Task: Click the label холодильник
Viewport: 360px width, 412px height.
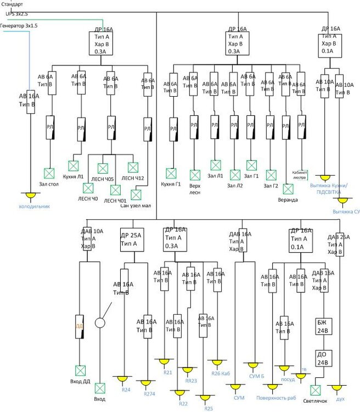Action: (x=35, y=207)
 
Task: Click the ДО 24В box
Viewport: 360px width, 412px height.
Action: (x=322, y=358)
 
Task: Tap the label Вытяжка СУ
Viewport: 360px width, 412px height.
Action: (x=346, y=211)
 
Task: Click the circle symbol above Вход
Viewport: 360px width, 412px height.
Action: (x=100, y=322)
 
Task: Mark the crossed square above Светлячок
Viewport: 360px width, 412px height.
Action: (x=315, y=390)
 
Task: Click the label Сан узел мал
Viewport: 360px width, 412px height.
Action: (x=136, y=205)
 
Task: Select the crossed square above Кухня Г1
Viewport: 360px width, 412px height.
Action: (x=172, y=173)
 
